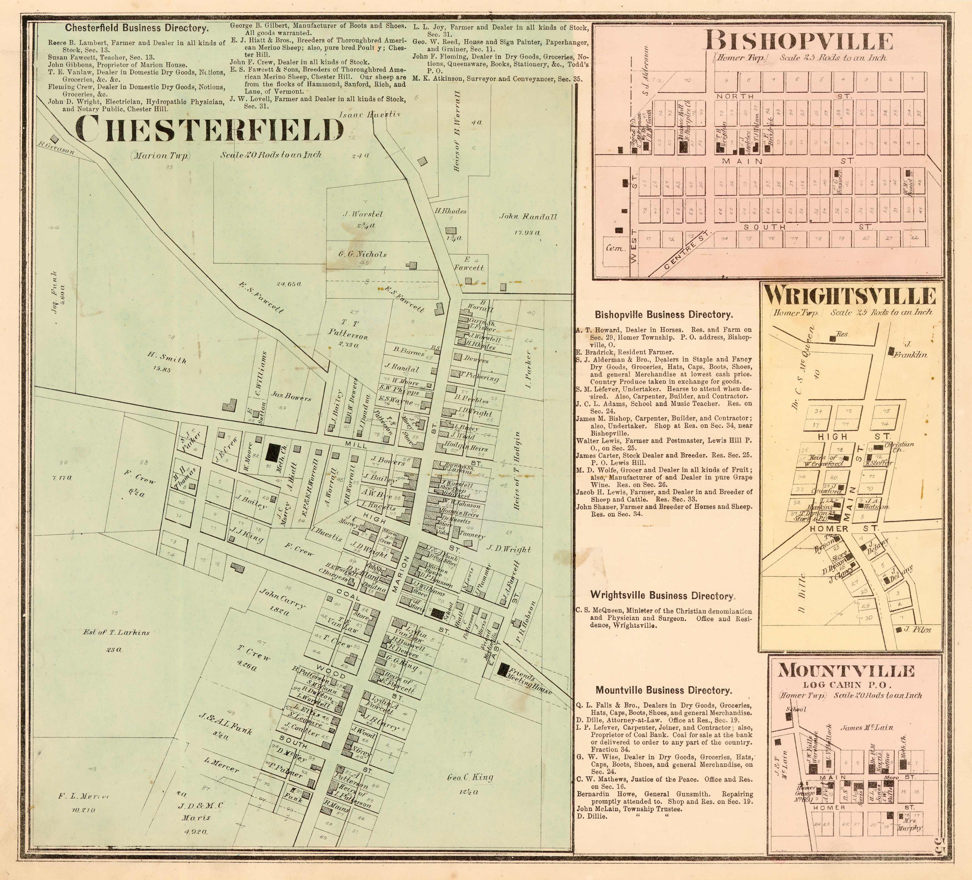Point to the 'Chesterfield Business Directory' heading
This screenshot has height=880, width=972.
click(x=137, y=28)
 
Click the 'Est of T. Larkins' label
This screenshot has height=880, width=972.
click(x=116, y=632)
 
